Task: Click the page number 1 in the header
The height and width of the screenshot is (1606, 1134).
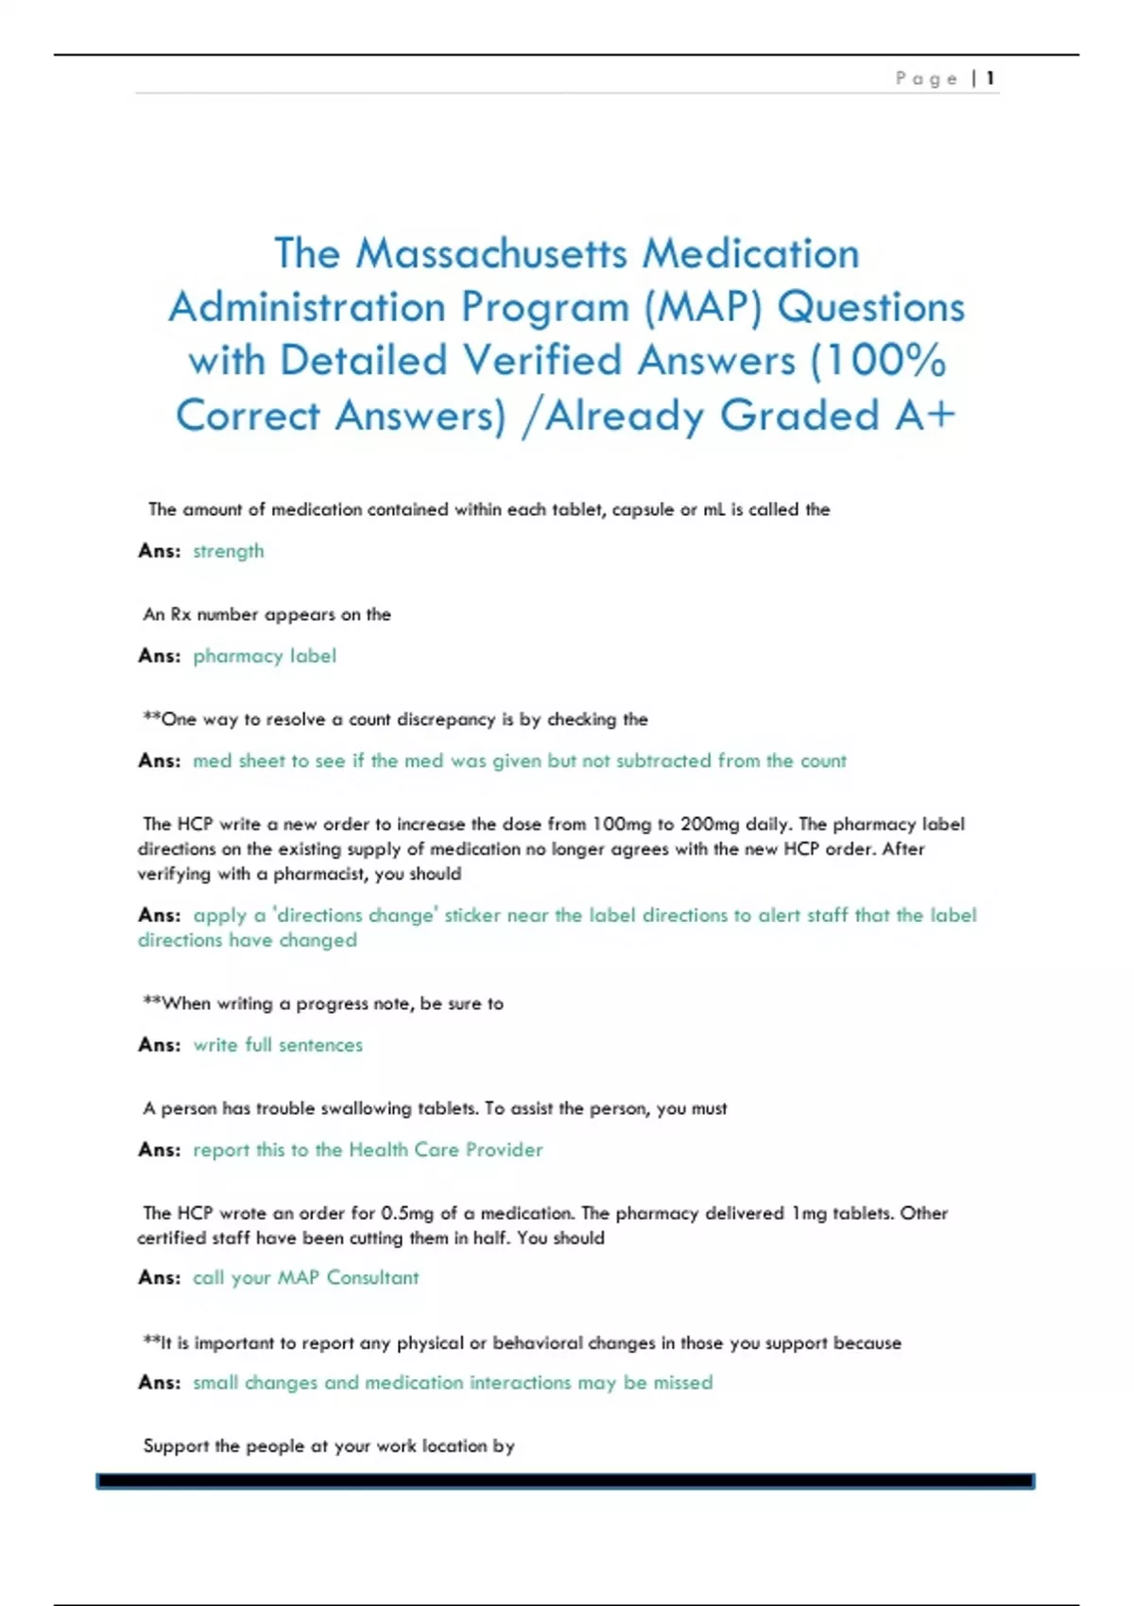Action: pyautogui.click(x=989, y=78)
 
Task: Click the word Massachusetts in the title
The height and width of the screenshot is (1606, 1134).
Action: pyautogui.click(x=491, y=253)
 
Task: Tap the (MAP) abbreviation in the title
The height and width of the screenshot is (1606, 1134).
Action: pyautogui.click(x=702, y=307)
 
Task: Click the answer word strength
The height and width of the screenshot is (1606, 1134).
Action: pyautogui.click(x=229, y=551)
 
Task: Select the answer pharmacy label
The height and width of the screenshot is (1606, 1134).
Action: pyautogui.click(x=265, y=656)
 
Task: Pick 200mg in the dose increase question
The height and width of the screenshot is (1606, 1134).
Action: pyautogui.click(x=710, y=824)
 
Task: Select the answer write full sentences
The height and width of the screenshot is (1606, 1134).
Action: pyautogui.click(x=278, y=1045)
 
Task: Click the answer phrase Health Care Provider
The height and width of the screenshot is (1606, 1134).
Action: pyautogui.click(x=446, y=1150)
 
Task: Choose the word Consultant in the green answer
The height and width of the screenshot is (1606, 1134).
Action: pyautogui.click(x=372, y=1277)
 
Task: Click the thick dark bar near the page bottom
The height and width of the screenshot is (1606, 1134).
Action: pyautogui.click(x=565, y=1481)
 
